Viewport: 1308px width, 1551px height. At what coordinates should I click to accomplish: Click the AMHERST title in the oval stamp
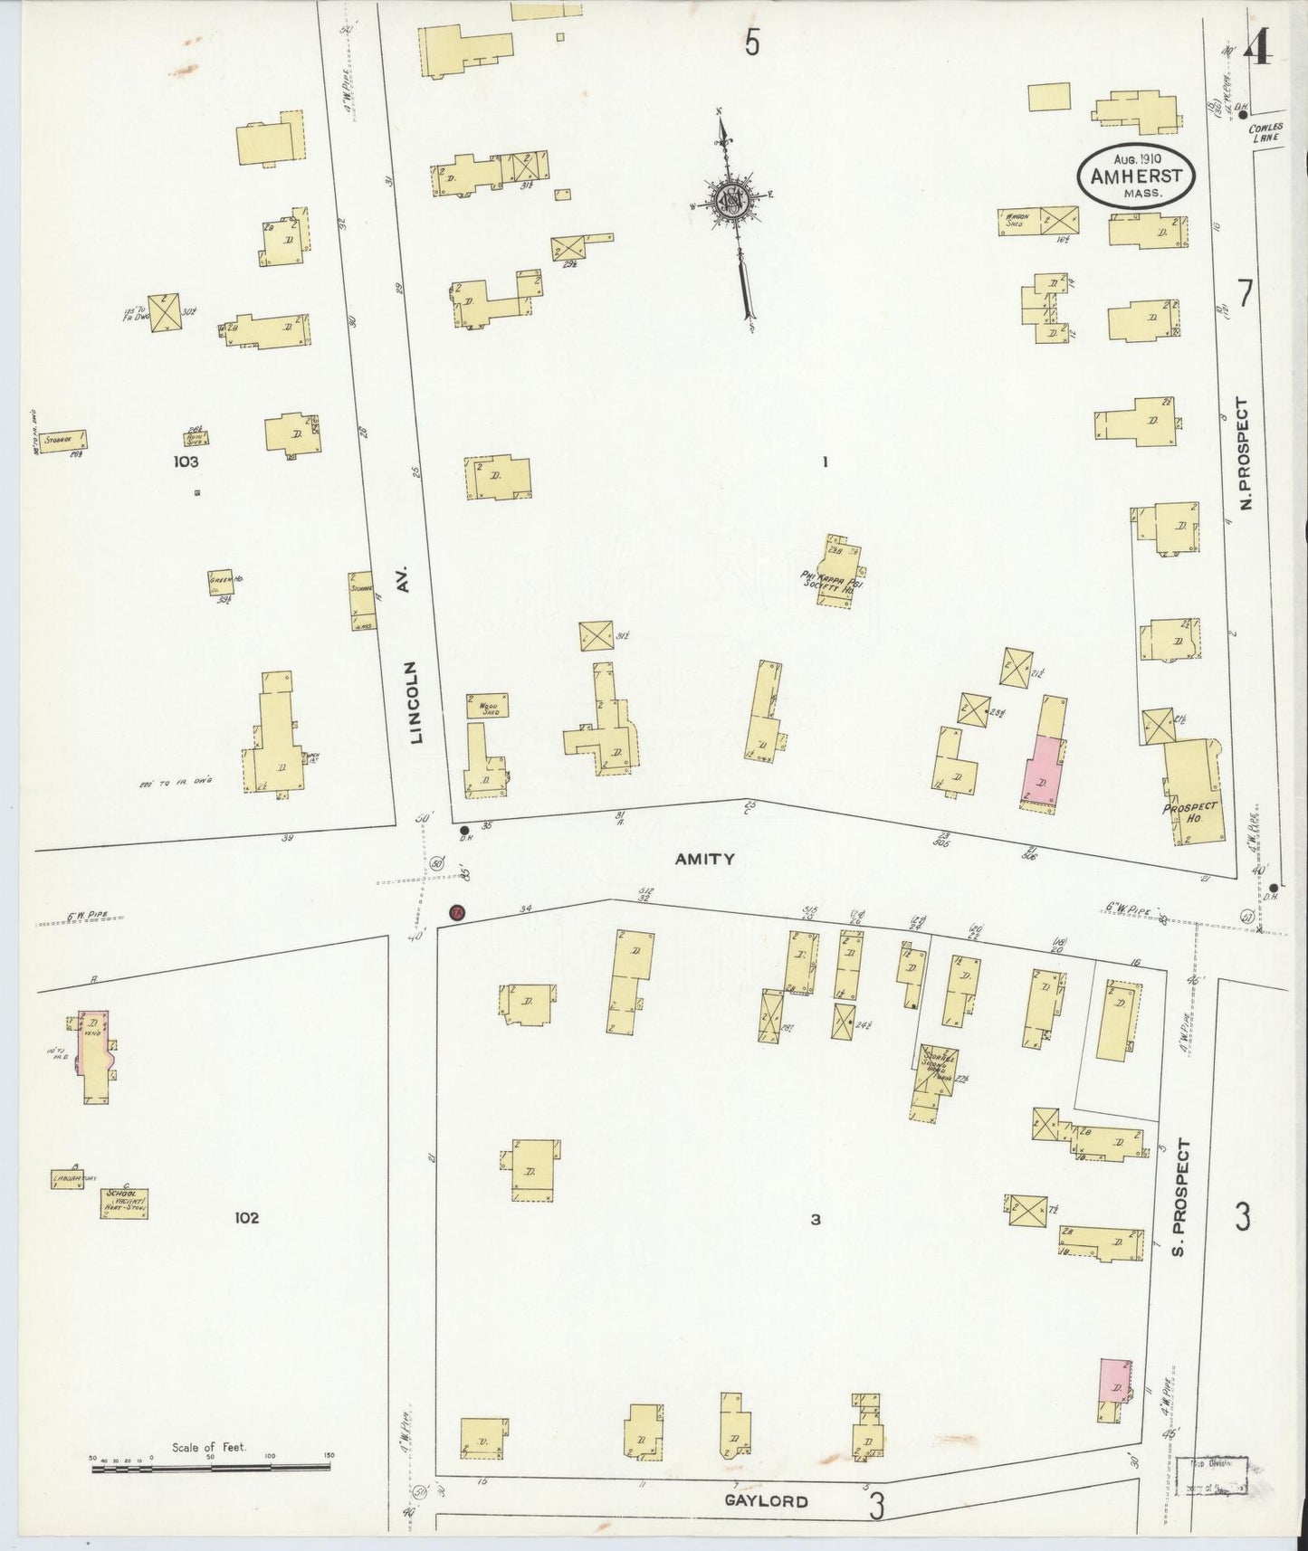pos(1136,177)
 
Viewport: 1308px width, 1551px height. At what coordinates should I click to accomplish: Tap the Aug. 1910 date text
pos(1137,158)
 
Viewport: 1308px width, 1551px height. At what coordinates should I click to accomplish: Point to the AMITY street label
pos(704,859)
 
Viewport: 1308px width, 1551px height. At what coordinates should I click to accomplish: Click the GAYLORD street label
pos(766,1501)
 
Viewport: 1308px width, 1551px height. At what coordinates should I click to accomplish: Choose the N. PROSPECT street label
pos(1246,453)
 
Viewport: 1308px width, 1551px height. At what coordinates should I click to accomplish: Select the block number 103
pos(187,461)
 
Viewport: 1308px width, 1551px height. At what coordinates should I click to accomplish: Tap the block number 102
pos(245,1217)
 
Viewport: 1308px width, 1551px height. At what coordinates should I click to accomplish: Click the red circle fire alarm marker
pos(457,912)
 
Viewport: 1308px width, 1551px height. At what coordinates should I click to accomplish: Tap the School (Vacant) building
pos(124,1202)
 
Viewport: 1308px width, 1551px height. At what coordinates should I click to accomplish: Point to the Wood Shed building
pos(487,706)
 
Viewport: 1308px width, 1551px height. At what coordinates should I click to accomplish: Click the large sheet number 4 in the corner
pos(1259,52)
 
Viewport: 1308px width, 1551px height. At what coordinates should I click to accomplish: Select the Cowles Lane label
pos(1265,133)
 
